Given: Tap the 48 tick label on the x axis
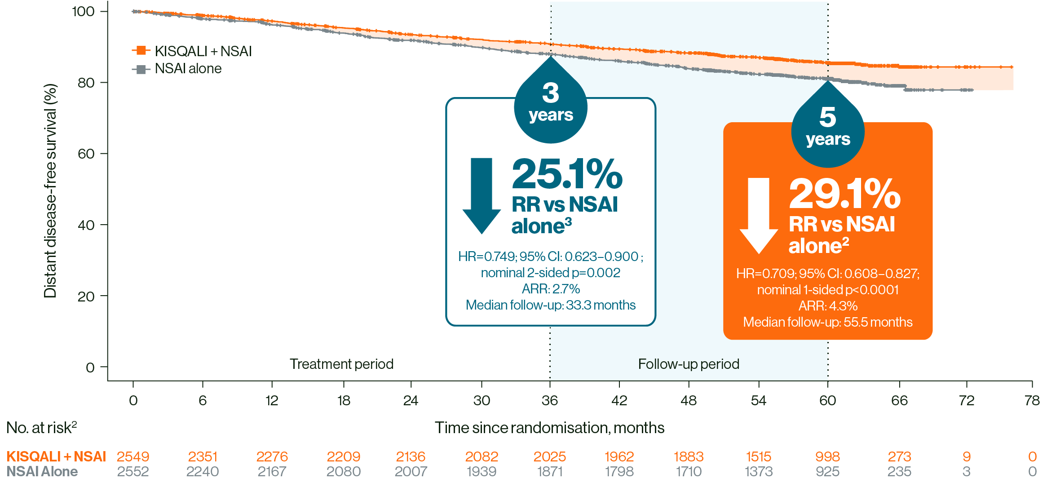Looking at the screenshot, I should click(x=688, y=400).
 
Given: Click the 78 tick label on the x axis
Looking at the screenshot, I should click(x=1032, y=400).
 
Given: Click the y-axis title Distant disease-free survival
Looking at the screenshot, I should click(x=50, y=191).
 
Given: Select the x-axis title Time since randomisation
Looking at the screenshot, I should click(x=549, y=428).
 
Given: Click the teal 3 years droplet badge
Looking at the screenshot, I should click(x=551, y=104).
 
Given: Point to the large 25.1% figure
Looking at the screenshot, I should click(x=567, y=175).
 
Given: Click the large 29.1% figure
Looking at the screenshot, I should click(x=844, y=195).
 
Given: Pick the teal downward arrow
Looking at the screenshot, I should click(x=482, y=195).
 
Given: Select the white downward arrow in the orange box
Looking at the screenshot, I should click(x=759, y=215).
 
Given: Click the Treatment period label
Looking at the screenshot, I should click(x=341, y=364).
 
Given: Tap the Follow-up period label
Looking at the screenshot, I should click(x=688, y=364).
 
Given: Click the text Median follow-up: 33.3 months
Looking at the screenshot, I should click(x=550, y=305).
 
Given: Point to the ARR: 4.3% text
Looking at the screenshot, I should click(x=827, y=306).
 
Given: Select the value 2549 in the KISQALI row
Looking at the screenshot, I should click(x=133, y=457).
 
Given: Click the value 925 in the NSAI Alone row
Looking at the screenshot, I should click(x=827, y=472).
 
